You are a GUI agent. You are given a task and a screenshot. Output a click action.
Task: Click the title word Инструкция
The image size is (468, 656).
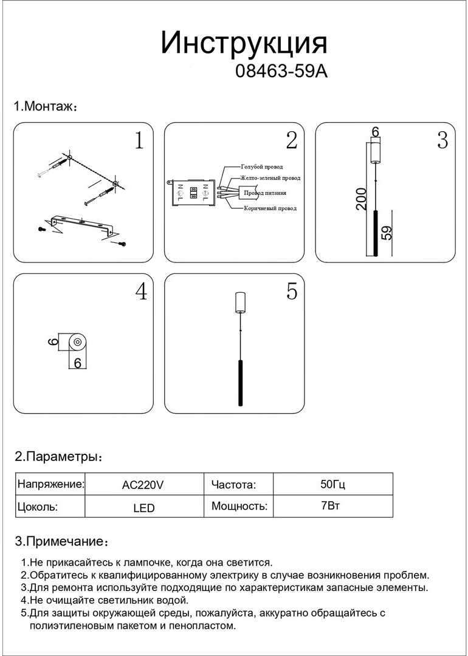point(244,44)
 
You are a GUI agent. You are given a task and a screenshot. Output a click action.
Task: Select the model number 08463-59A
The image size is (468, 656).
point(281,72)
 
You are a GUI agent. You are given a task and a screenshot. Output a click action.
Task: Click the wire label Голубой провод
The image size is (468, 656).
point(262,166)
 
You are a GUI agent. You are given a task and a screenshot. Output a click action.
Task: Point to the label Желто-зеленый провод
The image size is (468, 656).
point(270,179)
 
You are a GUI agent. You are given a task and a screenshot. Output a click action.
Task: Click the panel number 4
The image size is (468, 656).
point(141,292)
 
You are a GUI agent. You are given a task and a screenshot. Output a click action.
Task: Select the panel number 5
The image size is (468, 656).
point(292,292)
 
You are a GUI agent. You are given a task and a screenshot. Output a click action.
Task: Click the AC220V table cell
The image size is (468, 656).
point(143,485)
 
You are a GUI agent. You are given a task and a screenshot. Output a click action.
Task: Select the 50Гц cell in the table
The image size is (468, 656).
point(332,485)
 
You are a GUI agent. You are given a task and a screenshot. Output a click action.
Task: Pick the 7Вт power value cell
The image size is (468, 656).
point(332,506)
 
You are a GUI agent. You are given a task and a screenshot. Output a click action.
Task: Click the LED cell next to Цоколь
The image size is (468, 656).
point(143,507)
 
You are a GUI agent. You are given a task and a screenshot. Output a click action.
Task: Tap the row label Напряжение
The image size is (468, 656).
point(50,485)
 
